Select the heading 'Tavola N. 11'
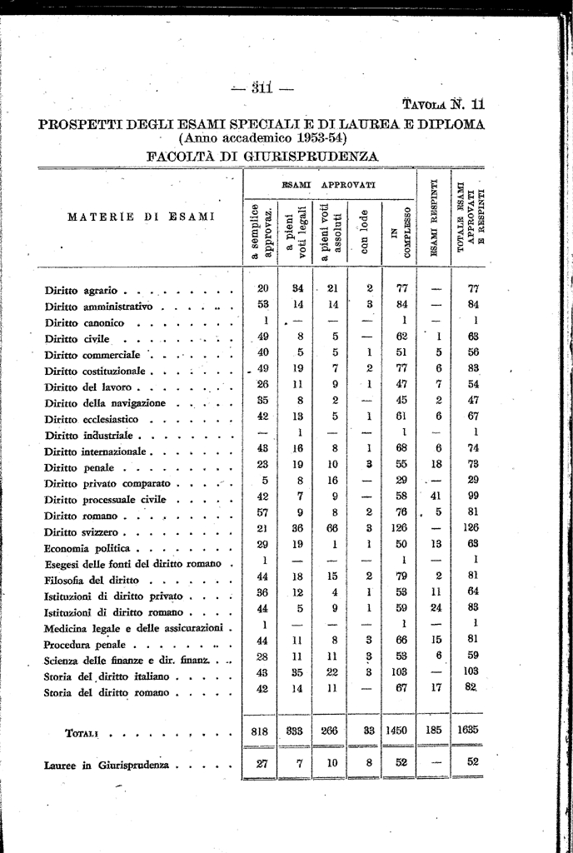click(x=443, y=105)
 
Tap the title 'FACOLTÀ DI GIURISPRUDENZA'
click(x=262, y=156)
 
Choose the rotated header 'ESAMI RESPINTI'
click(x=434, y=218)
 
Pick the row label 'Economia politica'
click(x=90, y=548)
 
